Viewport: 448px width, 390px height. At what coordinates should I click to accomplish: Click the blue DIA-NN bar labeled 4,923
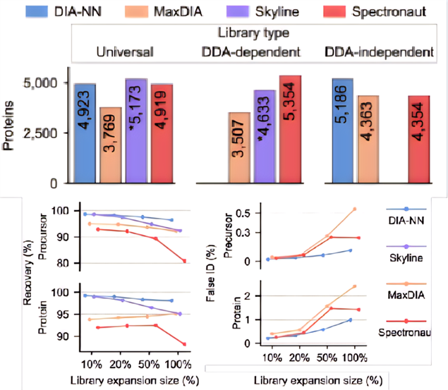(85, 133)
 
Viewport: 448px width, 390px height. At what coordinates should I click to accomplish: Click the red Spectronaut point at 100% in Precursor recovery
(185, 261)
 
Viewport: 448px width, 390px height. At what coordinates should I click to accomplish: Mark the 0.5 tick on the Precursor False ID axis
(246, 213)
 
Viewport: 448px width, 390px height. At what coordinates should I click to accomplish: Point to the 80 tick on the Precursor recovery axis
(65, 262)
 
